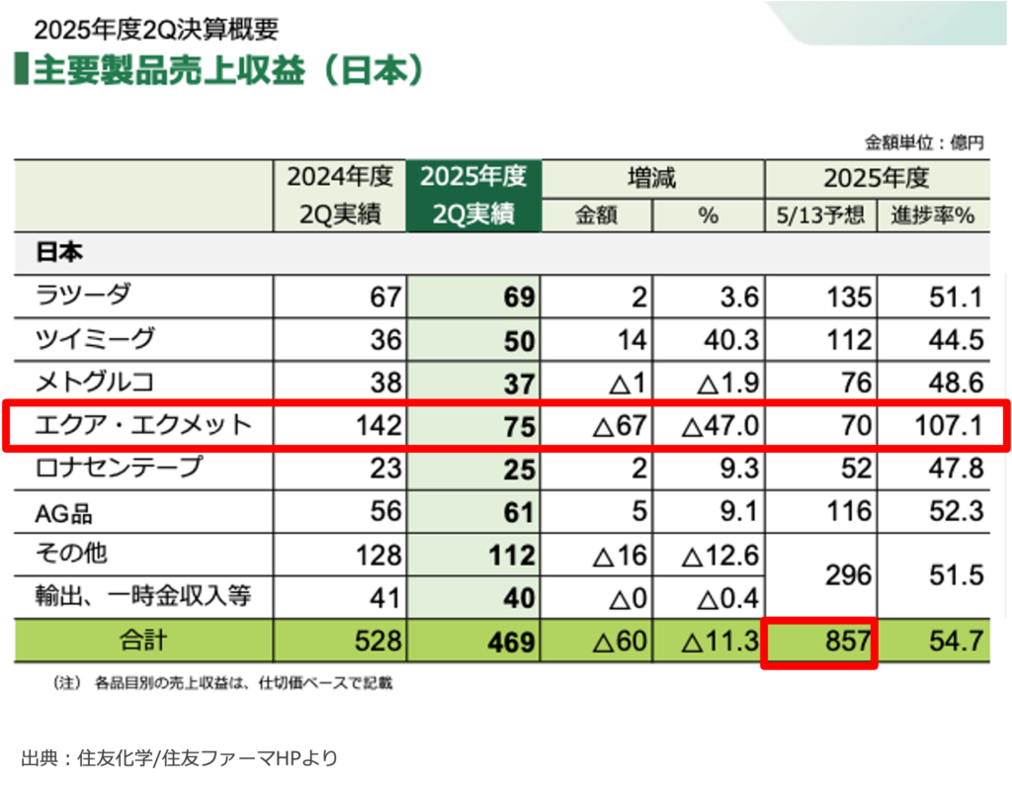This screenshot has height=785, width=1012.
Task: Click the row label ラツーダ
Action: [83, 295]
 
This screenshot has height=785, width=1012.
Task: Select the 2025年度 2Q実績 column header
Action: [473, 196]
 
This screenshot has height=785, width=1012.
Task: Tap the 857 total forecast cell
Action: [818, 642]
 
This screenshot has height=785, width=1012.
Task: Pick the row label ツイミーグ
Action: [95, 339]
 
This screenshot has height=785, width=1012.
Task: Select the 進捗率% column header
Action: [934, 215]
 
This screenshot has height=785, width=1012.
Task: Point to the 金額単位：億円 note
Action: [924, 142]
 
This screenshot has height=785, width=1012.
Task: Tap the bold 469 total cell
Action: [513, 643]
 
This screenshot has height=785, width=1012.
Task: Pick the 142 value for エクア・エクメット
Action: [380, 426]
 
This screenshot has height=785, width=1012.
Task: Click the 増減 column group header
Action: [652, 178]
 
